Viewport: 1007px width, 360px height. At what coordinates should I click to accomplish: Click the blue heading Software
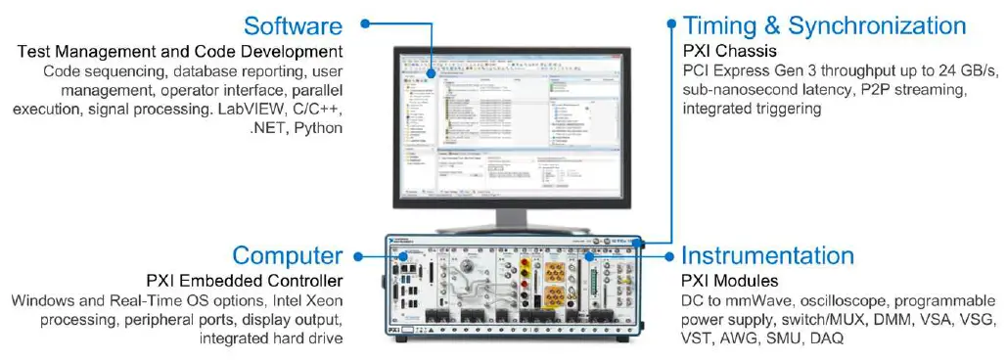click(293, 25)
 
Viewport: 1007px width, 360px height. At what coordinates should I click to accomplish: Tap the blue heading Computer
click(287, 256)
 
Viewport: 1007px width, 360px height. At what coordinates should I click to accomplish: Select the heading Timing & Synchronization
click(824, 25)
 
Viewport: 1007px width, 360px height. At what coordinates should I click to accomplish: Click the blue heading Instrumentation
click(766, 256)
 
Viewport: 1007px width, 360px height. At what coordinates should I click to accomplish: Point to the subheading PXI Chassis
click(730, 50)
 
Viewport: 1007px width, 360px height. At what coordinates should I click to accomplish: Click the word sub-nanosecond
click(736, 90)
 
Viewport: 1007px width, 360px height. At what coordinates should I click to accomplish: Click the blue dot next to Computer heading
click(359, 257)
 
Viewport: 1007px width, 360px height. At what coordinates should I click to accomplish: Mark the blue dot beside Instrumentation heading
click(669, 257)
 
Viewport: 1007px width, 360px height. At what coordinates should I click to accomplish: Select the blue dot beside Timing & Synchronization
click(671, 22)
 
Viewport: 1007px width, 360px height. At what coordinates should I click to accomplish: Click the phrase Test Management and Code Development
click(179, 51)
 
